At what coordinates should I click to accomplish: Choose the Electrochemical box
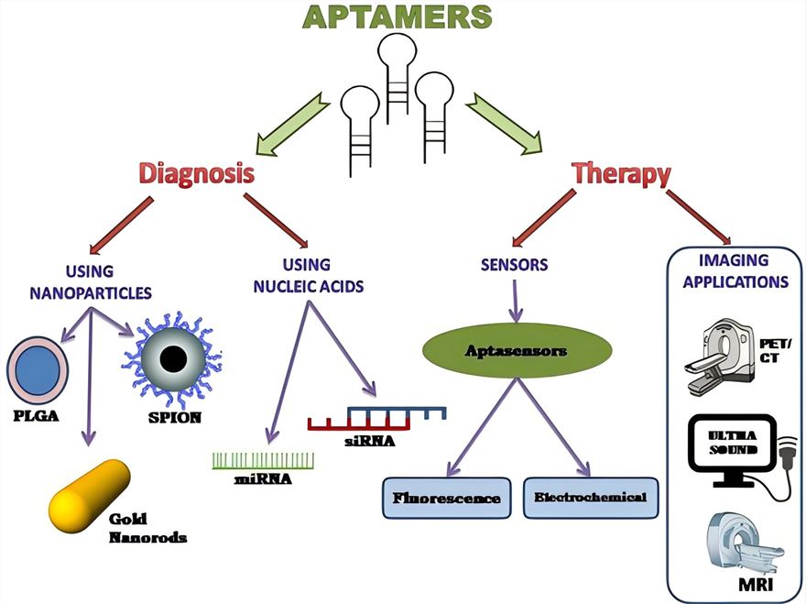point(591,498)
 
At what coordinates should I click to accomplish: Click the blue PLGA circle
point(38,369)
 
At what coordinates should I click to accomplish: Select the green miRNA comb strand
point(263,459)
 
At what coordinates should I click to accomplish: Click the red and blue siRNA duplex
point(376,418)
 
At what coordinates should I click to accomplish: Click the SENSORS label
point(514,265)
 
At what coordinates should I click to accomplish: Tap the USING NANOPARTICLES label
point(89,280)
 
